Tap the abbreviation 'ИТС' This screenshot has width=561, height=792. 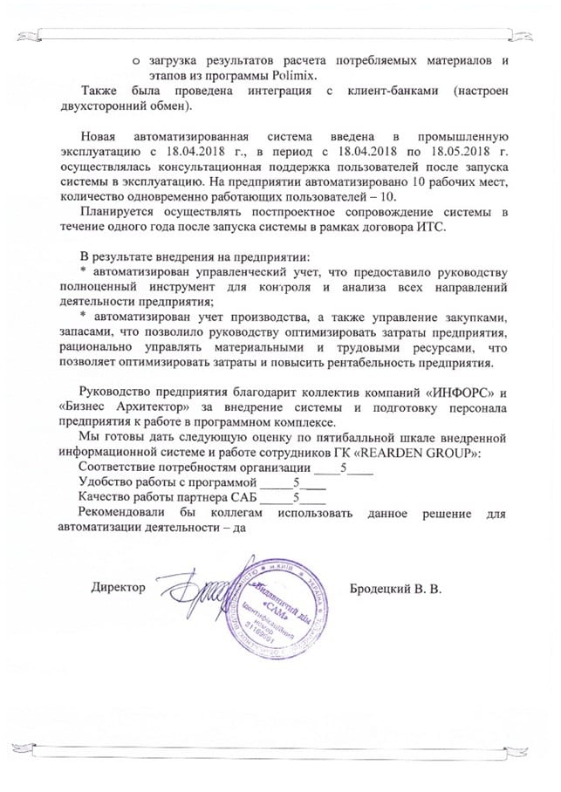[430, 227]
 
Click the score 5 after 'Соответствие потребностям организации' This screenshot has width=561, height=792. [345, 468]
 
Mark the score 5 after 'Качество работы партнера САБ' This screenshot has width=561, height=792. [298, 498]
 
